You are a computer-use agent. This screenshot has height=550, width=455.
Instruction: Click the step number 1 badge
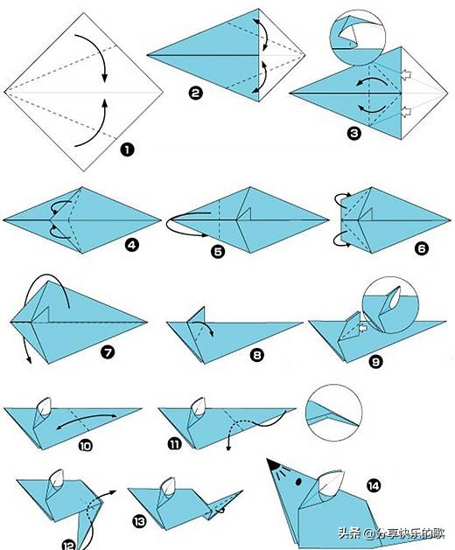pos(127,150)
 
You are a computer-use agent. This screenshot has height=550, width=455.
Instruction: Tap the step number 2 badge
pos(195,93)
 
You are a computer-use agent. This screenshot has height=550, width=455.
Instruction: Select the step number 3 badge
pos(353,133)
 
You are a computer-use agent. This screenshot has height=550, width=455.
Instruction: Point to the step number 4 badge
pos(131,245)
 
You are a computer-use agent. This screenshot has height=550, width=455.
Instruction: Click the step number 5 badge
pos(218,252)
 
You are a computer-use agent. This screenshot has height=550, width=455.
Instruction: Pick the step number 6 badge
pos(421,248)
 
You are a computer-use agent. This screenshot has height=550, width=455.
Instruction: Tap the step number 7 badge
pos(108,352)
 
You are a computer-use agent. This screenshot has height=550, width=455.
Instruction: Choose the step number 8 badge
pos(256,355)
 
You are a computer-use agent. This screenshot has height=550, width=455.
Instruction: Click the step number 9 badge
pos(375,361)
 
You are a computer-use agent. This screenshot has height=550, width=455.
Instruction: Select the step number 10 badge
pos(86,446)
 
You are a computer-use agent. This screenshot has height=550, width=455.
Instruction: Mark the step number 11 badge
pos(174,444)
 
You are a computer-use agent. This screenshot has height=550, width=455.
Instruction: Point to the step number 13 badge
pos(139,522)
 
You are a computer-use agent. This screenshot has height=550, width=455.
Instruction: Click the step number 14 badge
pos(374,486)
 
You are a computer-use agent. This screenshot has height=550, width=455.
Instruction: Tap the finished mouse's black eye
pos(298,482)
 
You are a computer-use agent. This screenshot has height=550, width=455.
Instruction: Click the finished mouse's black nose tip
pos(272,464)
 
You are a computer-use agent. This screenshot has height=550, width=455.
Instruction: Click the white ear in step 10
pos(45,407)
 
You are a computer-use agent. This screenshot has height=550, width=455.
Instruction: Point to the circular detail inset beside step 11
pos(334,413)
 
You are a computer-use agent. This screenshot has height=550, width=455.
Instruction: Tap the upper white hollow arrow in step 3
pos(406,74)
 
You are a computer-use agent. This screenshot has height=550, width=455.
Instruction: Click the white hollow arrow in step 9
pos(362,328)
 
